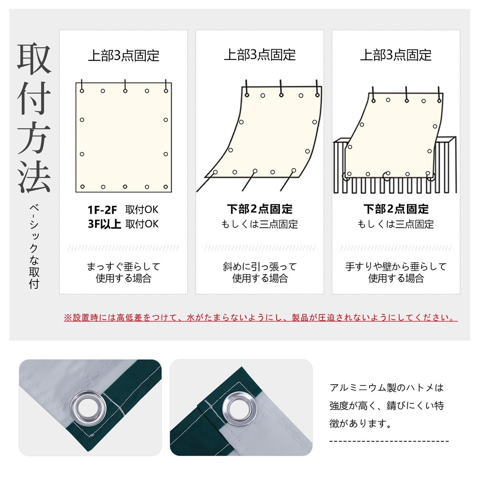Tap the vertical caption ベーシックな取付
pos(34,247)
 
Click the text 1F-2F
pos(102,210)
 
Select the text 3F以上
pos(104,224)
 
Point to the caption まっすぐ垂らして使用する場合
pos(123,272)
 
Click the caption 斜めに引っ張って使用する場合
pos(260,272)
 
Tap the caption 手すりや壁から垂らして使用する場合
pos(396,272)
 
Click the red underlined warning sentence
pos(260,318)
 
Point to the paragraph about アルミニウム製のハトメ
pos(386,406)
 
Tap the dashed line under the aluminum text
pos(389,441)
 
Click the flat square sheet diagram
pos(123,138)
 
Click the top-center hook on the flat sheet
pos(125,86)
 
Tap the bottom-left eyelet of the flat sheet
pos(82,187)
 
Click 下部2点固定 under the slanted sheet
pos(260,209)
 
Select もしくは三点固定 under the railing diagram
pos(395,224)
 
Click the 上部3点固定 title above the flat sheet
pos(124,55)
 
